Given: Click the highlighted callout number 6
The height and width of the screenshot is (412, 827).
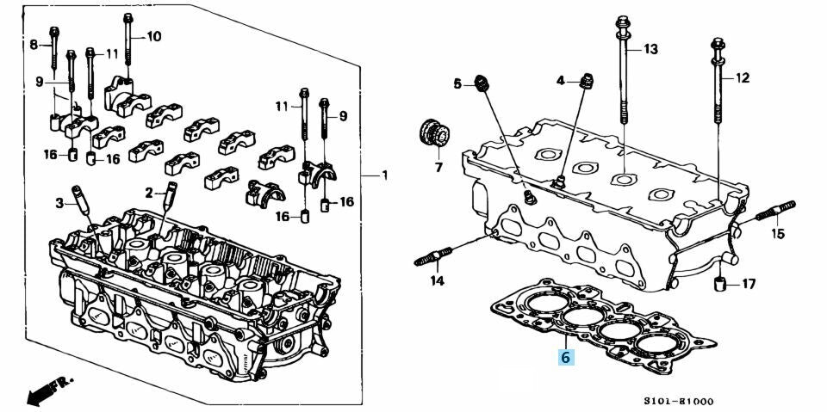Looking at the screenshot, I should click(565, 356).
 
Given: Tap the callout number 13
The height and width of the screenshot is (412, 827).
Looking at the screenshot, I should click(650, 49).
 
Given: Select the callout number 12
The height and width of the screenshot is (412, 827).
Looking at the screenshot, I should click(742, 77).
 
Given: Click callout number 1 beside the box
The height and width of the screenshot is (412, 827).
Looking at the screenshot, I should click(384, 175).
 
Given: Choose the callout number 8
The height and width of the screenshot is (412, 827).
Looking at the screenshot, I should click(34, 44).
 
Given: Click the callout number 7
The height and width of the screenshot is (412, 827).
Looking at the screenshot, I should click(438, 168).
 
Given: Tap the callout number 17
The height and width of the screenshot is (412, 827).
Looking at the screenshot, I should click(748, 283).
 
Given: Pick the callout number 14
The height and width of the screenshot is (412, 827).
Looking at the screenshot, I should click(437, 280).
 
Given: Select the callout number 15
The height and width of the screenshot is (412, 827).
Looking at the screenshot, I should click(777, 233).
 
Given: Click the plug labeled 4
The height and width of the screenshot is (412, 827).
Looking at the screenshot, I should click(587, 82).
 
